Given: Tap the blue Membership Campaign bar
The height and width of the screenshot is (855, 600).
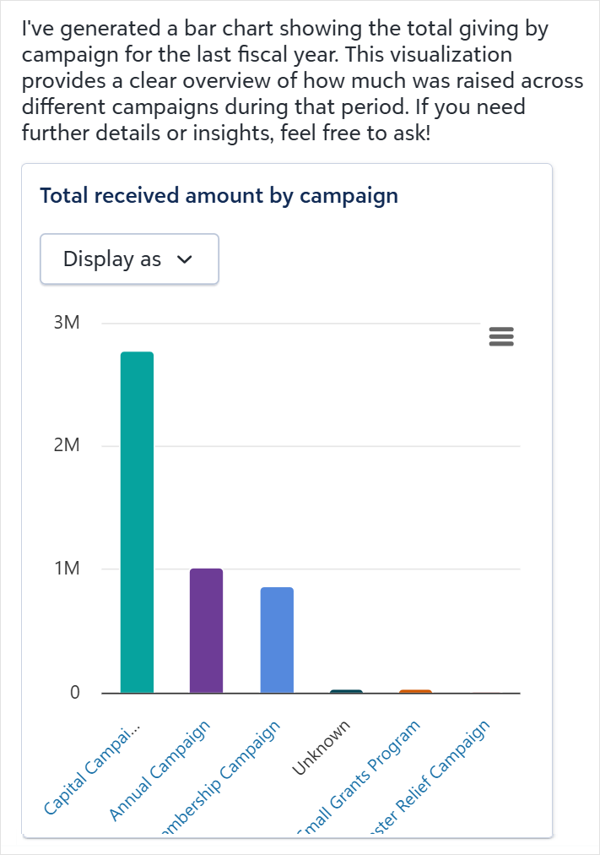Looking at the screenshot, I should pos(277,640).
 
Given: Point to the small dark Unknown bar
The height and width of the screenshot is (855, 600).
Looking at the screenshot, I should pos(346,691).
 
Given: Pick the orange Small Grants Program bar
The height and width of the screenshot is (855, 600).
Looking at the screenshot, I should pos(415,691).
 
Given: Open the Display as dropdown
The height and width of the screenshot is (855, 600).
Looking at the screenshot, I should pos(129,259).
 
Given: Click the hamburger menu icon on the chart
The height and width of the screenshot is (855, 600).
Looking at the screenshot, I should pos(501,337).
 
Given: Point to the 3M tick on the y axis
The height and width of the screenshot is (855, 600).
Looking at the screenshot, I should pos(67,324).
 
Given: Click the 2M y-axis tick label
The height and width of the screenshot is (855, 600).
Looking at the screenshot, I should pos(67,446).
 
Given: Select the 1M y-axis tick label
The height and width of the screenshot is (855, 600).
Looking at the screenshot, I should pos(67,569).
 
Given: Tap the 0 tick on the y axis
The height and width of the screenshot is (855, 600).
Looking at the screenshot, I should pos(74,693).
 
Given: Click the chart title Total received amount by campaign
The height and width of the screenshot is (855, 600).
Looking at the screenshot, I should pos(219,196).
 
